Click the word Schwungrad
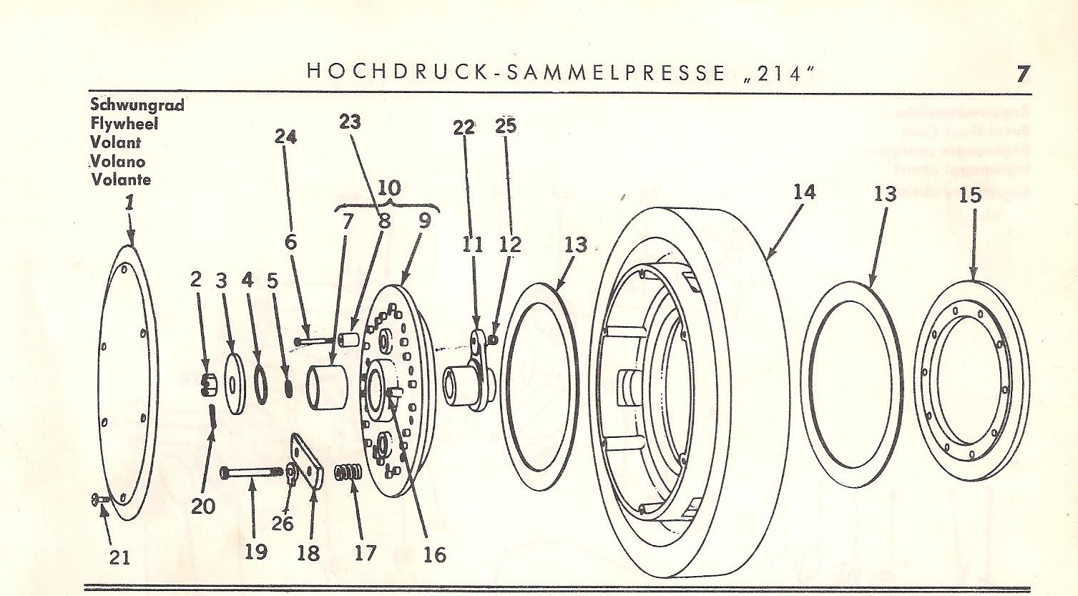tap(137, 105)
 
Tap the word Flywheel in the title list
tap(124, 124)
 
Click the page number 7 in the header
tap(1022, 73)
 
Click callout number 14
tap(805, 192)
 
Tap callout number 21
tap(119, 557)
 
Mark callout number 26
tap(283, 523)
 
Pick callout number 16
tap(434, 554)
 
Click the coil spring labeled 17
tap(348, 474)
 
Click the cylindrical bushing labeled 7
tap(326, 388)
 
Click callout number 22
tap(464, 128)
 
